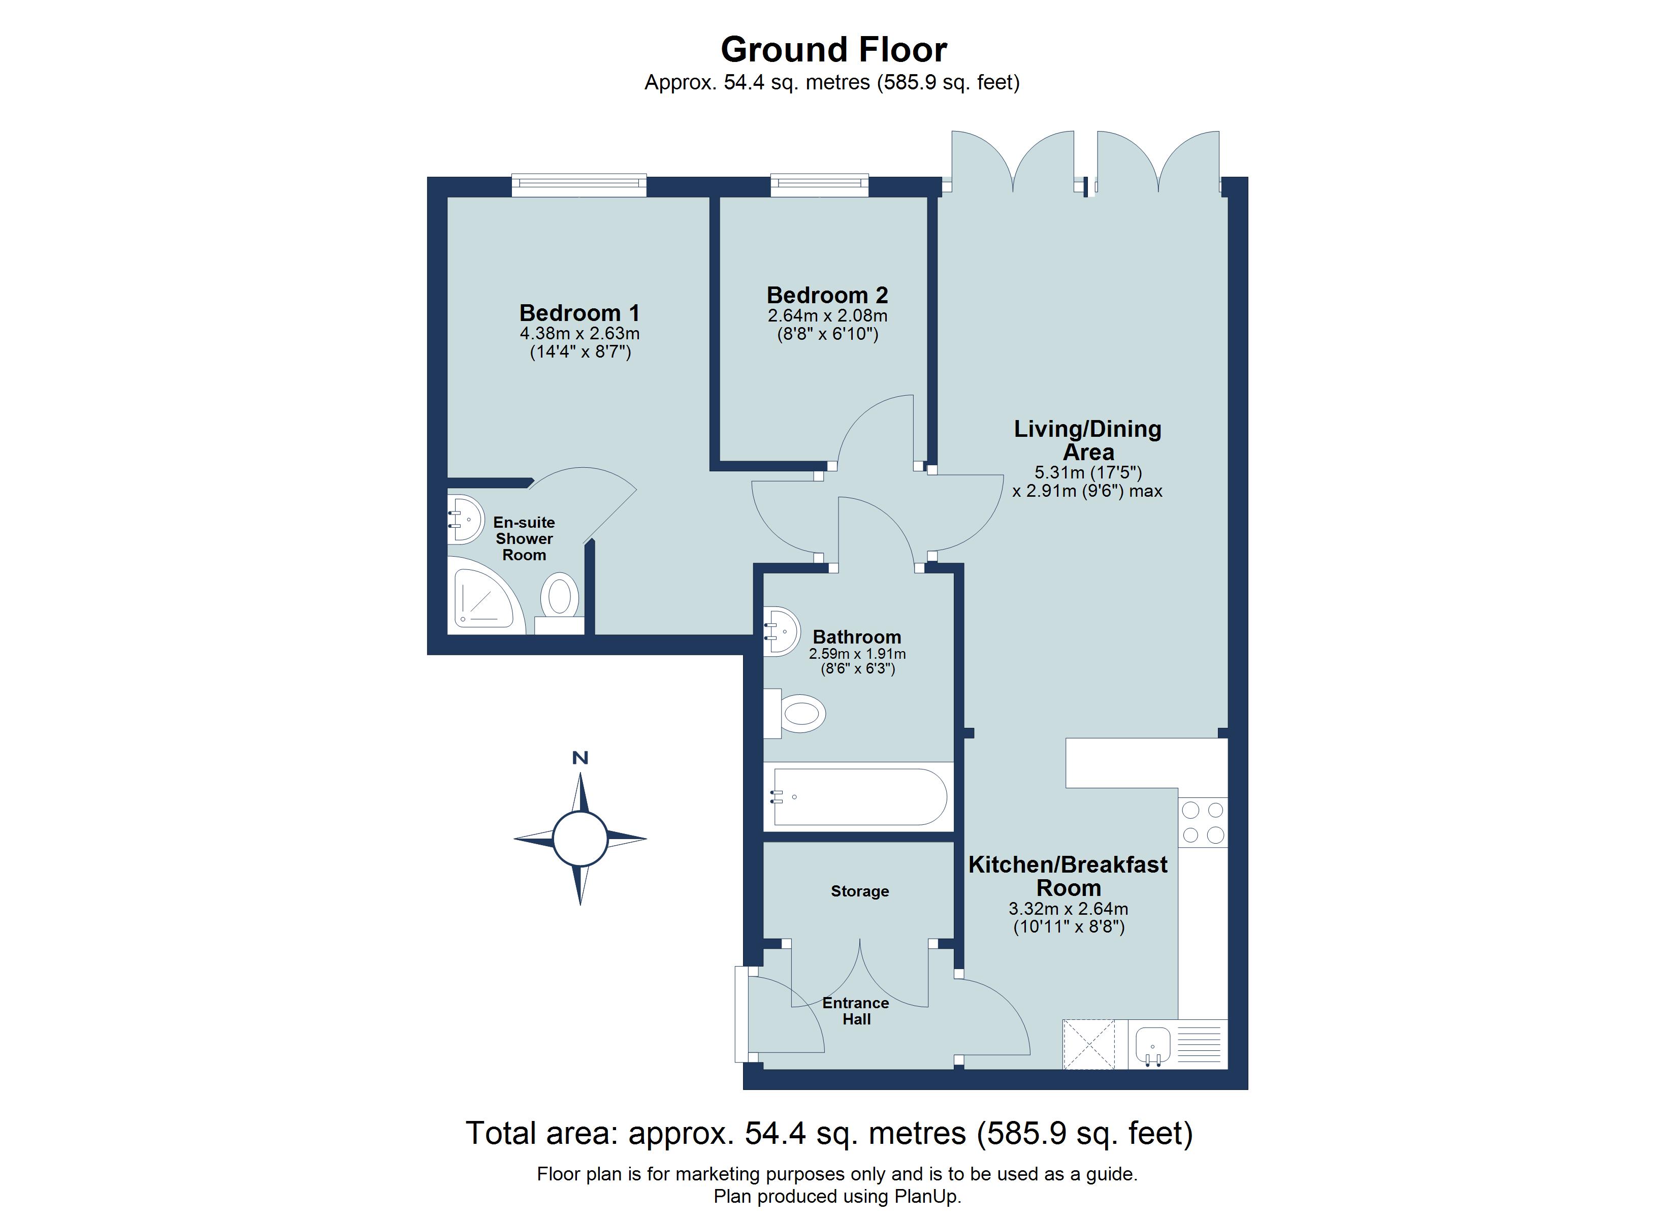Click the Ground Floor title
click(833, 50)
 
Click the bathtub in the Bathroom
click(859, 797)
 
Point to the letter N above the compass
click(580, 758)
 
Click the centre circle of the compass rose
click(580, 838)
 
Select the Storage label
click(859, 891)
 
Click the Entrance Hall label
click(856, 1011)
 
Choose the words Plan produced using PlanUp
click(837, 1196)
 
